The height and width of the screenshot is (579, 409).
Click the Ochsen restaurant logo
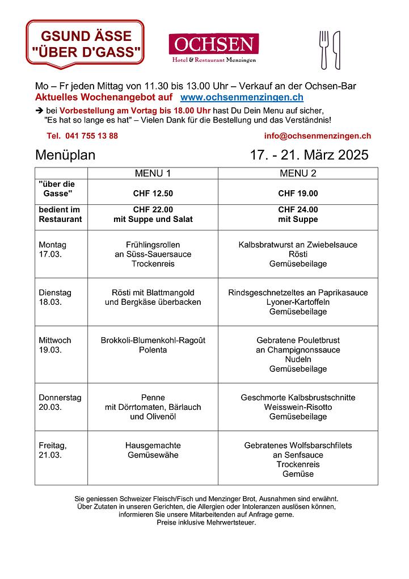[213, 48]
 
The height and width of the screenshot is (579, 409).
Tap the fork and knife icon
[329, 49]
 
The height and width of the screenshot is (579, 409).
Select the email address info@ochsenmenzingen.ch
[317, 136]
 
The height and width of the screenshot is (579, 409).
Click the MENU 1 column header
[153, 173]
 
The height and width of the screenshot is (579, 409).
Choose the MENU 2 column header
[298, 173]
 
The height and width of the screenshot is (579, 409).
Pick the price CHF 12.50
[153, 194]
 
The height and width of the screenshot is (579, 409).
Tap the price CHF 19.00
[298, 194]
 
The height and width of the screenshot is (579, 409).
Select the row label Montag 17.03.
[53, 250]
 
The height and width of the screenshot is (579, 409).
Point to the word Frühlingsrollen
[153, 245]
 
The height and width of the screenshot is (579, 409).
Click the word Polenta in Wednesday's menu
[153, 350]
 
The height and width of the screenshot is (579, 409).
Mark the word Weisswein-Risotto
[298, 408]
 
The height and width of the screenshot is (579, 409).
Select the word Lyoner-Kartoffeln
[298, 303]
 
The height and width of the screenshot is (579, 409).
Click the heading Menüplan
[65, 156]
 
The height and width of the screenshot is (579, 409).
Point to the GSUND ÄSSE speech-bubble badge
[85, 44]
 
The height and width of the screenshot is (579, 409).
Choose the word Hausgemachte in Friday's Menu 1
[153, 446]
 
